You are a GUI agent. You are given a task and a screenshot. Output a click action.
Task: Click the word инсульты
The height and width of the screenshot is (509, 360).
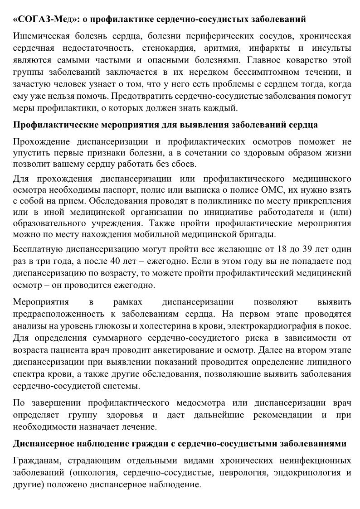332,48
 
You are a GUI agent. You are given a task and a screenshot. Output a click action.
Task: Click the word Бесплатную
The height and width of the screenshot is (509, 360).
39,250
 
